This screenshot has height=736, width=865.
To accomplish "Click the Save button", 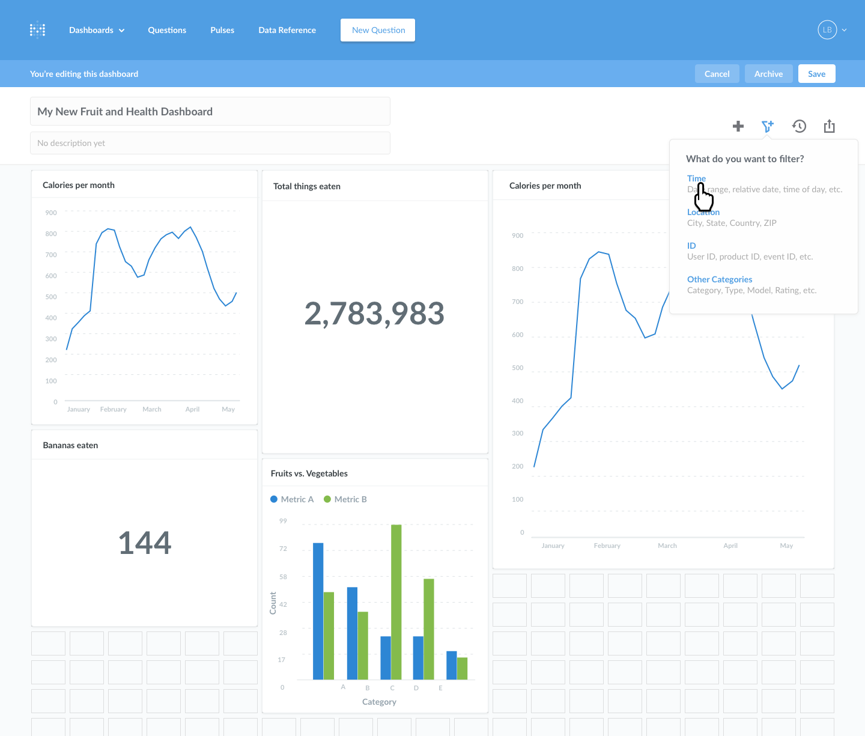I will pyautogui.click(x=816, y=74).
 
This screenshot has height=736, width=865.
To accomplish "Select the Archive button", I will pyautogui.click(x=768, y=74).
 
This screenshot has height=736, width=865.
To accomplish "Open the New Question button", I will pyautogui.click(x=378, y=30).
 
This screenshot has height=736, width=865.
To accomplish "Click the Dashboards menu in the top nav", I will pyautogui.click(x=97, y=30).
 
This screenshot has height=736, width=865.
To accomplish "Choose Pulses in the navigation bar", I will pyautogui.click(x=222, y=30).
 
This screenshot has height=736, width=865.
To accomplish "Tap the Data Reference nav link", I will pyautogui.click(x=287, y=30).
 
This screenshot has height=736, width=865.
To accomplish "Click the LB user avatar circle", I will pyautogui.click(x=827, y=30).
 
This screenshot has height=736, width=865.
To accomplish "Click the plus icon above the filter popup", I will pyautogui.click(x=738, y=126).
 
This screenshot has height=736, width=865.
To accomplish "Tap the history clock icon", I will pyautogui.click(x=799, y=126).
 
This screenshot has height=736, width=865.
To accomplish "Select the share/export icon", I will pyautogui.click(x=830, y=126).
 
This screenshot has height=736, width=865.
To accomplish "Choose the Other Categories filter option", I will pyautogui.click(x=720, y=279).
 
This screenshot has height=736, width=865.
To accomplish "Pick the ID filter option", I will pyautogui.click(x=691, y=246).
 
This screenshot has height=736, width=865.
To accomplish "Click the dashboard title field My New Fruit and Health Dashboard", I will pyautogui.click(x=210, y=112).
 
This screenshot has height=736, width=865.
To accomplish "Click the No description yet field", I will pyautogui.click(x=210, y=143).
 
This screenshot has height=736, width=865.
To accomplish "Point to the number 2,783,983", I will pyautogui.click(x=374, y=314).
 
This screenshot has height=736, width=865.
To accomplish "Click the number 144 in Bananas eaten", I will pyautogui.click(x=145, y=543).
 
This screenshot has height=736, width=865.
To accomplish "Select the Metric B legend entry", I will pyautogui.click(x=345, y=499).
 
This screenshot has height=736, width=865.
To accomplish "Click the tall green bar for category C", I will pyautogui.click(x=396, y=601).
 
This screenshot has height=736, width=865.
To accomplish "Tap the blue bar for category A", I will pyautogui.click(x=318, y=610).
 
